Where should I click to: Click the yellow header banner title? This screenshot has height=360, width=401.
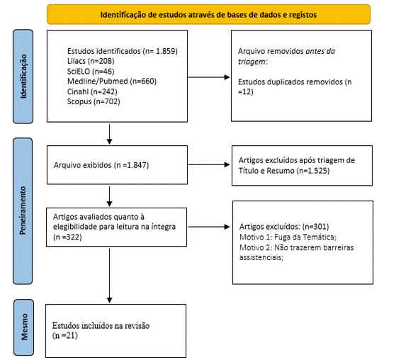coord(208,15)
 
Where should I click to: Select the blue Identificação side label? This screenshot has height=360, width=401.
coord(23,77)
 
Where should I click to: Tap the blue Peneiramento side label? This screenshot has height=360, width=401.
coord(23,211)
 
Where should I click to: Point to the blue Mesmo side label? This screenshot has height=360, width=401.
coord(24,327)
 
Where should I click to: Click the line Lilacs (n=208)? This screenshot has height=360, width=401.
coord(91,61)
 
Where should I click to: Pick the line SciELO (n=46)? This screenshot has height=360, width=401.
coord(91,72)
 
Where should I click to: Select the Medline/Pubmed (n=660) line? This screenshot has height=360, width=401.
coord(112,81)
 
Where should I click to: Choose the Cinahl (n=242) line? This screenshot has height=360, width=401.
coord(92,91)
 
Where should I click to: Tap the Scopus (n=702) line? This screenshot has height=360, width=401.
coord(94,101)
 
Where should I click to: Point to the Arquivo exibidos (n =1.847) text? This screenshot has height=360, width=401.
coord(101,165)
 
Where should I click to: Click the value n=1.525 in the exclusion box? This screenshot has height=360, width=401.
coord(313,171)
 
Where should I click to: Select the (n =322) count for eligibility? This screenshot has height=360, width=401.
coord(67,237)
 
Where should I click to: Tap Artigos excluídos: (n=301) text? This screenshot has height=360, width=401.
coord(284,227)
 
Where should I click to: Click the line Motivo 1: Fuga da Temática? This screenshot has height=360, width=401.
coord(288,237)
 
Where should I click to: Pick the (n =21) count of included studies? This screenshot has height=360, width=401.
coord(65,335)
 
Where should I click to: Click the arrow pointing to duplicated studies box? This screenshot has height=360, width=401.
coord(209,77)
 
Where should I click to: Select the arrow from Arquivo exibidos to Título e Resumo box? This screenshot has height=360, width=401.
coord(209,164)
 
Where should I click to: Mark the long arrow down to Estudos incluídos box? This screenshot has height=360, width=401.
coord(109,276)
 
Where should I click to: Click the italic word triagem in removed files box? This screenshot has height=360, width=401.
coord(252,62)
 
